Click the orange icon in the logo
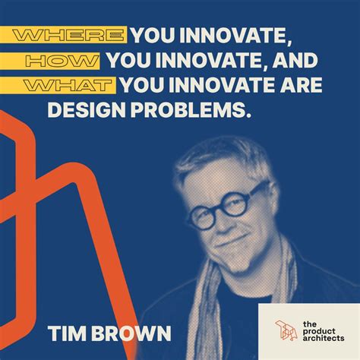286,328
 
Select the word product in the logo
319,329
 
